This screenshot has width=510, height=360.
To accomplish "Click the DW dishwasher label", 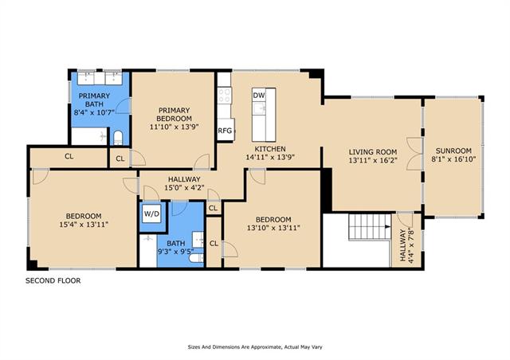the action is coord(259,96).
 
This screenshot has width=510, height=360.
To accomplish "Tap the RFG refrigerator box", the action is coord(226,130).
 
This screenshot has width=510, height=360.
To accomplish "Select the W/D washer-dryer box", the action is coord(152,213).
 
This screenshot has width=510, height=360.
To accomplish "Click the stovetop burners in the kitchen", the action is coord(224,96).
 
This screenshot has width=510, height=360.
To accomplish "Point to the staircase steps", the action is coord(369,227).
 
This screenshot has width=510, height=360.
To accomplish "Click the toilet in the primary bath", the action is coord(118,138).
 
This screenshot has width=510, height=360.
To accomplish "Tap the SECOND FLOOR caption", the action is coord(53,280).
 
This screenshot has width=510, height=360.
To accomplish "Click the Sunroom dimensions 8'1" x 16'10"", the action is coord(453,159).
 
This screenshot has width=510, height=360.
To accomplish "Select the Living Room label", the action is coord(373,152).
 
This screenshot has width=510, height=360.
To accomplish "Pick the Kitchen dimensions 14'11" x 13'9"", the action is coord(270,158).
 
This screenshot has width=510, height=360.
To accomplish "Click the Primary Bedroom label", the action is coord(174,114).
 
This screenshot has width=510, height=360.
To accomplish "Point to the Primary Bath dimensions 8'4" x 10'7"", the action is coord(94,112).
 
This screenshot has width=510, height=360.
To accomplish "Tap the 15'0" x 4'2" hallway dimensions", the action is coord(184,188).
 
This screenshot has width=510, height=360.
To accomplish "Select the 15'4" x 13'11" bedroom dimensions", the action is coord(84,225).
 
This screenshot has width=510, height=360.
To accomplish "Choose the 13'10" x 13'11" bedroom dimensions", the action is coord(273,228).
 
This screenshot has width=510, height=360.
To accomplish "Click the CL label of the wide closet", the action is coord(69,156).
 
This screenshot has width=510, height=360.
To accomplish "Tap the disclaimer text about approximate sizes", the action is coord(255,347).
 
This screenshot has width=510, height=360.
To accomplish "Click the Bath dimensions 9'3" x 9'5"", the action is coord(176,251).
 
